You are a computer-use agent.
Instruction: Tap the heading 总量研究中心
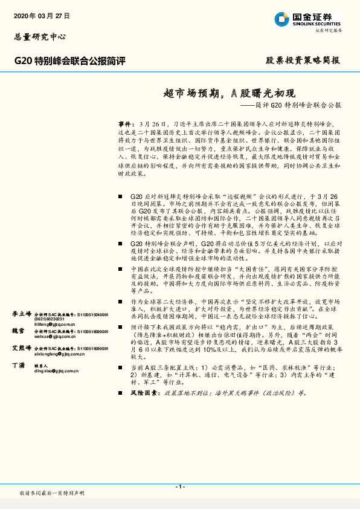(x=39, y=37)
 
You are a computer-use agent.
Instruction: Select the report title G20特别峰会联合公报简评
(x=69, y=60)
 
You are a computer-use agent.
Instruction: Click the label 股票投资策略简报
(x=303, y=60)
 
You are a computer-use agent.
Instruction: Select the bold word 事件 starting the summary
(x=124, y=122)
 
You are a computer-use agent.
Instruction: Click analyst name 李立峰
(x=22, y=314)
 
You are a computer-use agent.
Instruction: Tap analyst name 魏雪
(x=19, y=331)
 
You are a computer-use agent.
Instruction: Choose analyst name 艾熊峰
(x=22, y=348)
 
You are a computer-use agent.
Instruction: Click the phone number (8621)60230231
(x=48, y=320)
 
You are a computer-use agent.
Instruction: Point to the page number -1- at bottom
(x=179, y=486)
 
